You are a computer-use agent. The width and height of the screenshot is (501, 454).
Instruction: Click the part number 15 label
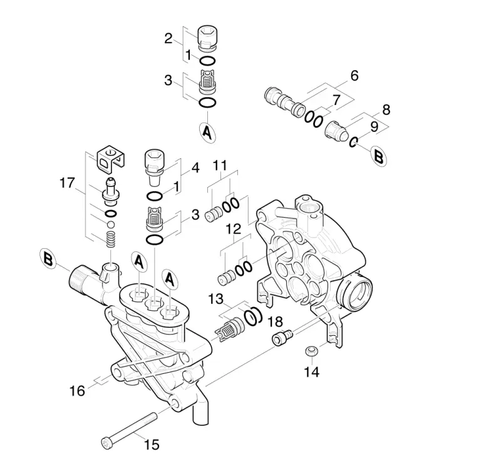(x=152, y=445)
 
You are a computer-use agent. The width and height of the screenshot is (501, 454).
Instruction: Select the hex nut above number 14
(x=310, y=351)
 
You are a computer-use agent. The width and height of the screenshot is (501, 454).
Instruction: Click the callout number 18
(x=275, y=322)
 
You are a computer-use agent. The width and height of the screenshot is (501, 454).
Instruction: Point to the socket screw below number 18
(x=282, y=338)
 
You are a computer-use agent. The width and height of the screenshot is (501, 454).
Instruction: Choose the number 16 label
(x=77, y=391)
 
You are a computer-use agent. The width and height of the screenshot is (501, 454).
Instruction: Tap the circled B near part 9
(x=379, y=156)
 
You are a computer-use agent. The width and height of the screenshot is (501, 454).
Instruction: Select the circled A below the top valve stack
(x=207, y=133)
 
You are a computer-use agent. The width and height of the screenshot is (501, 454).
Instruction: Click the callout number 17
(x=67, y=183)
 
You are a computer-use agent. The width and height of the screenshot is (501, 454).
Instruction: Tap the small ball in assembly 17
(x=111, y=224)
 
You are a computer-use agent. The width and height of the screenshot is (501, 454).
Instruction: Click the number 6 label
(x=354, y=76)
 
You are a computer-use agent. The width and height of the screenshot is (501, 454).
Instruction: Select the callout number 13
(x=215, y=300)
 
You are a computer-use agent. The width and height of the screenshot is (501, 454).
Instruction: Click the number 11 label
(x=220, y=165)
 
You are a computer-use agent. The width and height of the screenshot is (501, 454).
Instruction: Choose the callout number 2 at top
(x=168, y=39)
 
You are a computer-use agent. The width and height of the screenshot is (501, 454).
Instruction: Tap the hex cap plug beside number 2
(x=207, y=38)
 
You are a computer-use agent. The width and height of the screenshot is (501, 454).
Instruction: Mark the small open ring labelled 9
(x=353, y=142)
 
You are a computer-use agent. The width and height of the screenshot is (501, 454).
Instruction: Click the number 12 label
(x=233, y=229)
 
